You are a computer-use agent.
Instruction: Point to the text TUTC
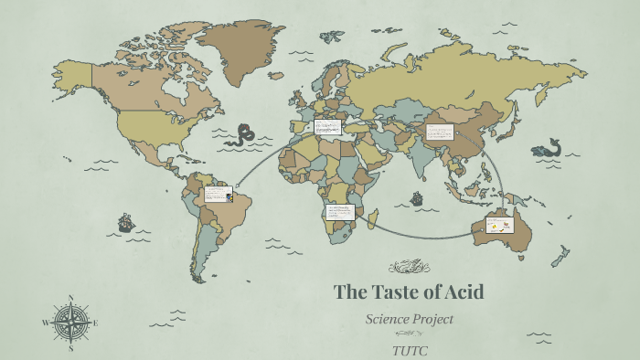point(410,350)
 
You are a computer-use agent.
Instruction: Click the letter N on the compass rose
point(70,298)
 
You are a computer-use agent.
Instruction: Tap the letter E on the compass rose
point(95,323)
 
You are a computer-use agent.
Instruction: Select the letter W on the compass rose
point(45,323)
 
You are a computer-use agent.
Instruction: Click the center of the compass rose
point(70,323)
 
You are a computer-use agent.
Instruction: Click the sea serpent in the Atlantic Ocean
point(243,136)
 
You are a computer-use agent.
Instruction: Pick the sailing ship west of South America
point(125,222)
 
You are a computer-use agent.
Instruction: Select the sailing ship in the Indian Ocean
point(417,198)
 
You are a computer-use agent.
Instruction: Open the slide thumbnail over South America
point(218,194)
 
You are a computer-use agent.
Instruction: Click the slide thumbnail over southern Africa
point(339,212)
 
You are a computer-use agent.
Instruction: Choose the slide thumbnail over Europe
point(326,128)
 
